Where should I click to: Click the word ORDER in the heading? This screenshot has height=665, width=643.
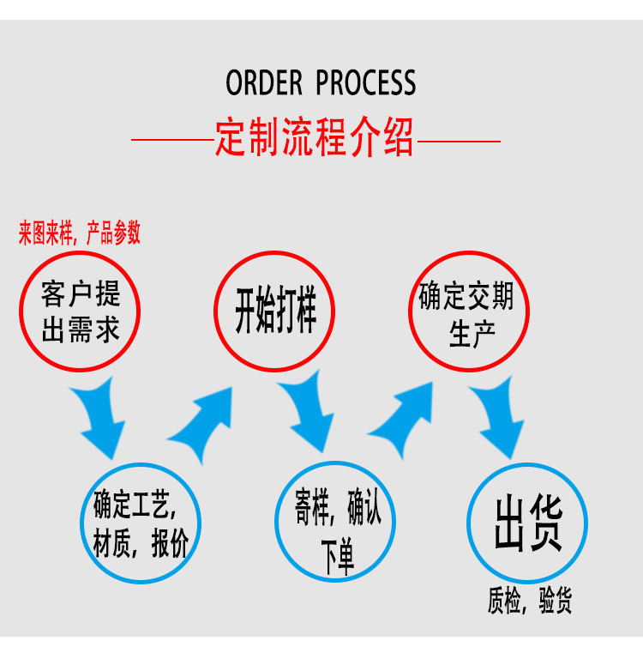point(264,83)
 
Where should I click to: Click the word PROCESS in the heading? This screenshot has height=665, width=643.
point(366,83)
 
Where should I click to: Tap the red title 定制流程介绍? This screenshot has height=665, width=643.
point(315,136)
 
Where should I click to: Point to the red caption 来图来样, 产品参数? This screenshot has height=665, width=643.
point(80,233)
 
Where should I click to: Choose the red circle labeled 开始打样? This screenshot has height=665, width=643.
point(274,311)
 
